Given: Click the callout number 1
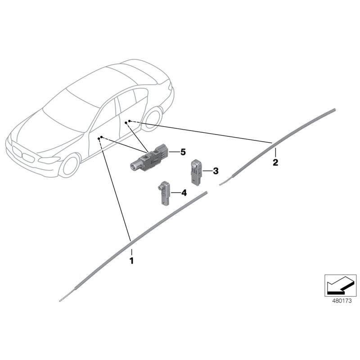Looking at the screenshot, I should pyautogui.click(x=131, y=261).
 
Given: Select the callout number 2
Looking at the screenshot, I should pyautogui.click(x=275, y=162).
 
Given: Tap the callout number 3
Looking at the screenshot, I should pyautogui.click(x=216, y=171).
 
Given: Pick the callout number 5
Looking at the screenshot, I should pyautogui.click(x=183, y=152).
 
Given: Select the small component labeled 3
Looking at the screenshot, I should pyautogui.click(x=196, y=171).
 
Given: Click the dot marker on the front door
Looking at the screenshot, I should pyautogui.click(x=102, y=137).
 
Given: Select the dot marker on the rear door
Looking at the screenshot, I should pyautogui.click(x=130, y=121).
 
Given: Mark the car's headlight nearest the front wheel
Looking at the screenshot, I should pyautogui.click(x=48, y=160).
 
